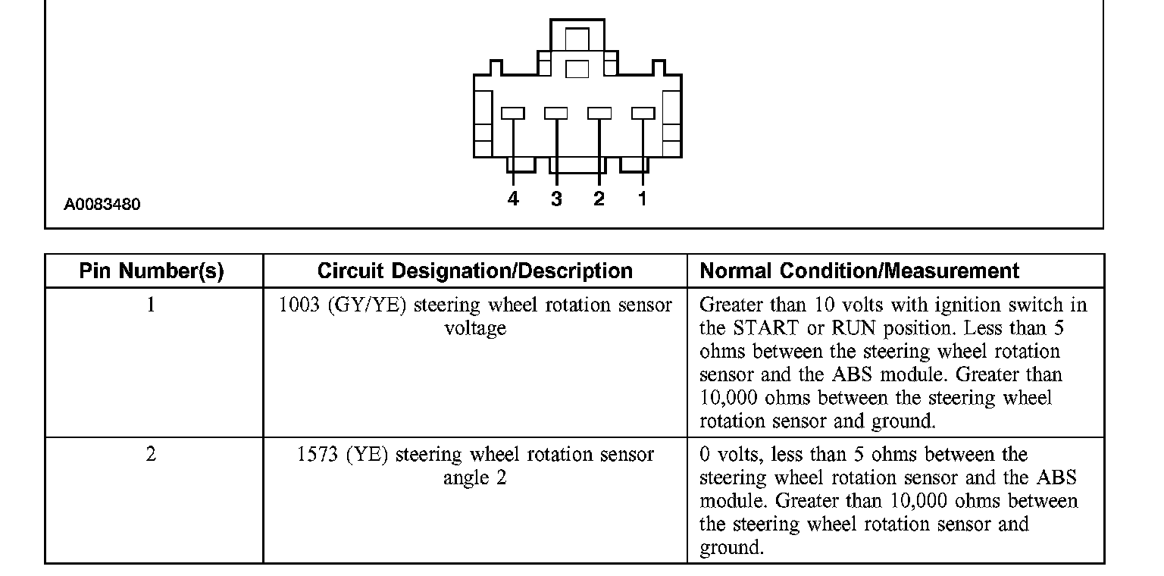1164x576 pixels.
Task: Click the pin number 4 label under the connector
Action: [513, 199]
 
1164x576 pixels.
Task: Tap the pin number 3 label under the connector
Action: [556, 199]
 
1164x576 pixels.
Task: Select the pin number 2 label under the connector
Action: [599, 199]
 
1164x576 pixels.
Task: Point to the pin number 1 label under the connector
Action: [643, 199]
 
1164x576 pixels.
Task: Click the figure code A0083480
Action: [102, 205]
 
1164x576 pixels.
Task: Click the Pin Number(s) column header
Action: [152, 271]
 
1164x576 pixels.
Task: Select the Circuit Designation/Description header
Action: [474, 271]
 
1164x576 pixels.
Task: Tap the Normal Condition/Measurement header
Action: [859, 271]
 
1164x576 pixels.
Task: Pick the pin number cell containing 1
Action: [152, 305]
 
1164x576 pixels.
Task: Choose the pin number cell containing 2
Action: [152, 455]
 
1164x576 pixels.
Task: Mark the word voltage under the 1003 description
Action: [475, 329]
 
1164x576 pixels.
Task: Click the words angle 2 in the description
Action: [475, 478]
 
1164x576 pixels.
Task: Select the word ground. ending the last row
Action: [731, 548]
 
